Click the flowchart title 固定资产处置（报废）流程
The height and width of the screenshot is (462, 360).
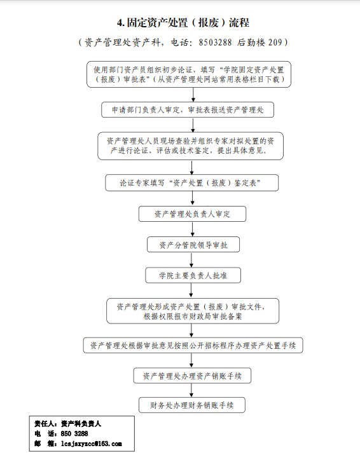click(188, 23)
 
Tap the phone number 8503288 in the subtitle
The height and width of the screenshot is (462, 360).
click(215, 43)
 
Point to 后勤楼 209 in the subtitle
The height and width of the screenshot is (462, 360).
click(260, 43)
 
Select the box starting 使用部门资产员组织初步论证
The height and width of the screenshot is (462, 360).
click(189, 74)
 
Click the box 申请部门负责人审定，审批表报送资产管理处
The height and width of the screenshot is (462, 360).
click(188, 110)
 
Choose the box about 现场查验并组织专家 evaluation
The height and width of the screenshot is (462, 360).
click(190, 146)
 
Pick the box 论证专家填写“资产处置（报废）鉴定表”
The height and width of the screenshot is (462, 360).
click(191, 182)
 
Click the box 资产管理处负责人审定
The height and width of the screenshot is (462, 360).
click(192, 214)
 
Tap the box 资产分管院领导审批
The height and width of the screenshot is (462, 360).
click(193, 245)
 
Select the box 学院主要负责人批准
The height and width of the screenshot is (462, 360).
click(193, 276)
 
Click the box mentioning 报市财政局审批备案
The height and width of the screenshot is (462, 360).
click(193, 311)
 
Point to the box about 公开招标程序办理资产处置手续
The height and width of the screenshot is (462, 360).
click(193, 345)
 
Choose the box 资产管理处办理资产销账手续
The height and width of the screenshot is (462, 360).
click(192, 376)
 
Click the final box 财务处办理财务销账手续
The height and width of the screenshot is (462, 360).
click(192, 405)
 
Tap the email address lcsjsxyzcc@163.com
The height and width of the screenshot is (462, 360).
click(92, 444)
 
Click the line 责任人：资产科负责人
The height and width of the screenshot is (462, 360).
click(67, 424)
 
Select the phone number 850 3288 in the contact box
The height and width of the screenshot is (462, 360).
click(74, 433)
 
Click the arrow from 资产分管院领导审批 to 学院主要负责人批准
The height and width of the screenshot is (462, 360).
click(191, 260)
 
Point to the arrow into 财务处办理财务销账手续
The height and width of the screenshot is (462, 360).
click(191, 390)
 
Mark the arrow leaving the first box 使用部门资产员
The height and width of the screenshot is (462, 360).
click(193, 95)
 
